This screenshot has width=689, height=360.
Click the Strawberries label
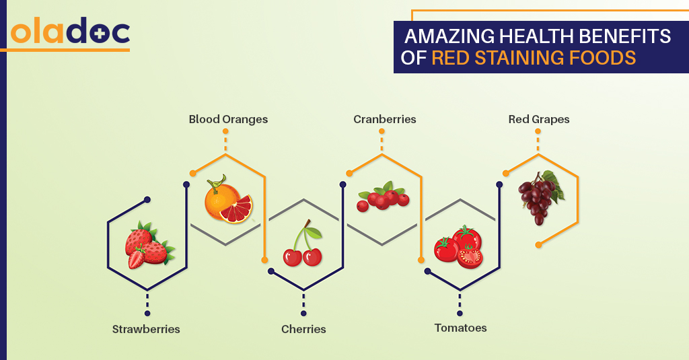point(146,329)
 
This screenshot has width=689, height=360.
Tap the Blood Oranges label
point(228,119)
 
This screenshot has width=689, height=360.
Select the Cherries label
point(303,329)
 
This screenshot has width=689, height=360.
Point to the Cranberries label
point(385,119)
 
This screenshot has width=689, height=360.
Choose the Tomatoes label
point(460,328)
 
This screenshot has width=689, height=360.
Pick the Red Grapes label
point(539,119)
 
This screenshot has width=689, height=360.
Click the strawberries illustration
point(147,246)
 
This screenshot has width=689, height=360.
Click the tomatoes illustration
point(460,247)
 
